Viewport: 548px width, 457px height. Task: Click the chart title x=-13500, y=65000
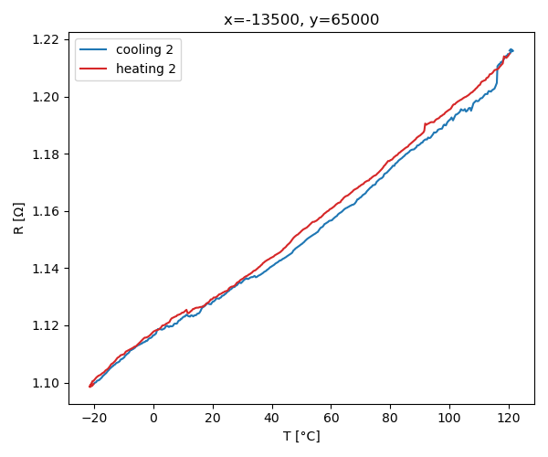(x=301, y=20)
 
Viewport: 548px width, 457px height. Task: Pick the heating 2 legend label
(x=146, y=69)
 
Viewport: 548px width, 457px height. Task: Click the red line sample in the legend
(x=94, y=69)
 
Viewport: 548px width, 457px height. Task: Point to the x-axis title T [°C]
(x=301, y=437)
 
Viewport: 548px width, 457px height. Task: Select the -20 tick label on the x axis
(x=94, y=417)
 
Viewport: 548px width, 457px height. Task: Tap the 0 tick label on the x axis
(x=153, y=417)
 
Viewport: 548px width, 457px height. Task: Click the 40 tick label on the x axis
(x=272, y=417)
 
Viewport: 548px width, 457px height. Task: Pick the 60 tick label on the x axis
(x=331, y=417)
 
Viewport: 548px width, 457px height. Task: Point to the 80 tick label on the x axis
(x=390, y=417)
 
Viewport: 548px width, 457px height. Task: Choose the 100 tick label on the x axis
(x=449, y=417)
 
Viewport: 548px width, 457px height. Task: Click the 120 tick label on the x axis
(x=509, y=417)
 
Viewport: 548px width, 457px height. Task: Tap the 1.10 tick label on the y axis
(x=47, y=383)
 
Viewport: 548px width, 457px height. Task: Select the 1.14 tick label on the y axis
(x=47, y=269)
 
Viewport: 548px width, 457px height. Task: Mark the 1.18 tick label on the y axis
(x=47, y=154)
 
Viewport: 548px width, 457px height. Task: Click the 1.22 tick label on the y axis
(x=47, y=39)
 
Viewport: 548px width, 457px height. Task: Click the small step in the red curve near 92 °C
(x=425, y=126)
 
